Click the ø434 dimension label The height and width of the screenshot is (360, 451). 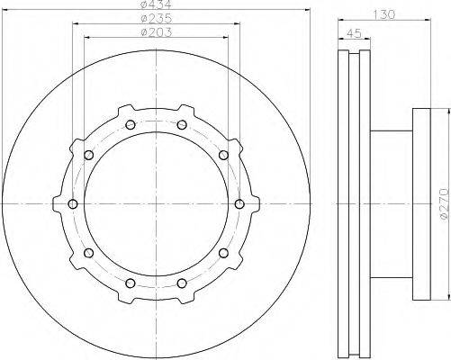click(x=156, y=4)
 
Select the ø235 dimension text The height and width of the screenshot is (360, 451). click(x=157, y=19)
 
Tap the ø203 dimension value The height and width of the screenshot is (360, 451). click(x=157, y=32)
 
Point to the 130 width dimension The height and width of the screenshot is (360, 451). click(x=384, y=14)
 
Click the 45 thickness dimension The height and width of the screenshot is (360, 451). click(x=354, y=33)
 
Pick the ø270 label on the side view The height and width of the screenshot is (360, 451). click(x=446, y=204)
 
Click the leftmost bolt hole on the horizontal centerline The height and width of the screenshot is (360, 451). click(x=73, y=204)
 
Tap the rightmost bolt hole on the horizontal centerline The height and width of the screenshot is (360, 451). click(x=239, y=204)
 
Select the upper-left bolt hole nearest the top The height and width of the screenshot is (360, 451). click(x=131, y=125)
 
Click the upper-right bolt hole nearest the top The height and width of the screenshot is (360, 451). click(x=182, y=125)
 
